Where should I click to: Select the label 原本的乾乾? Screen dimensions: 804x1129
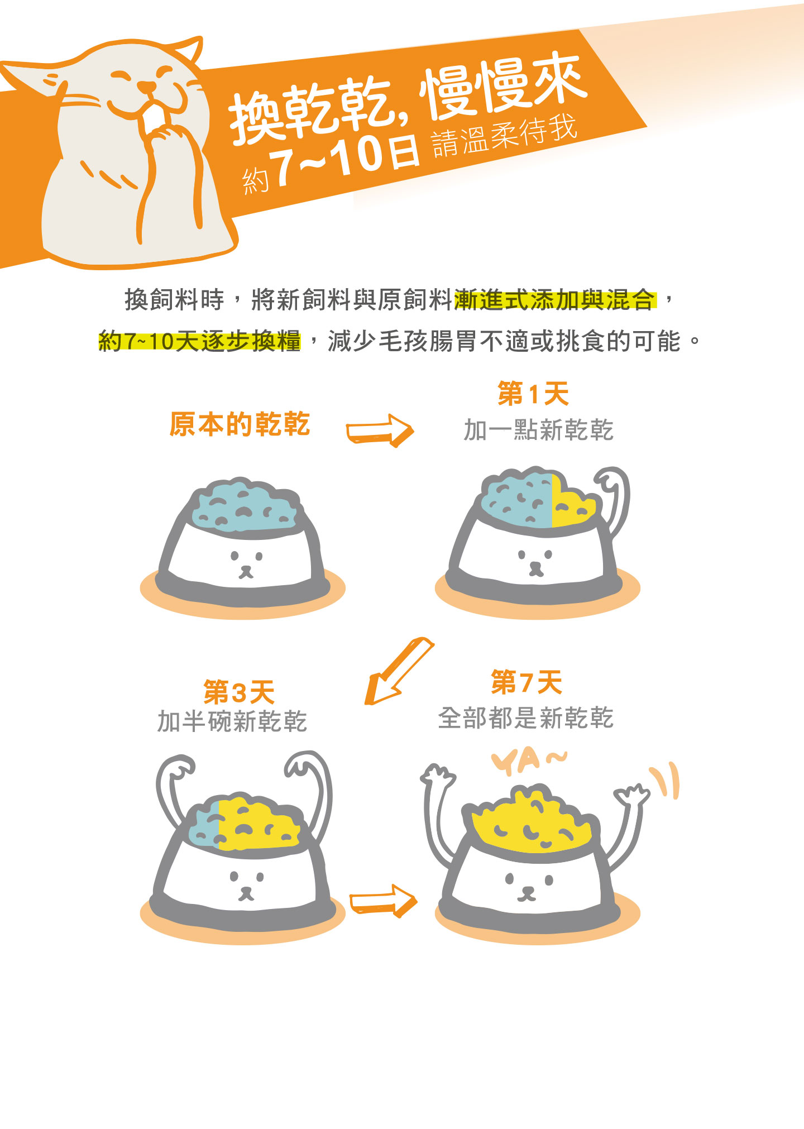coord(240,424)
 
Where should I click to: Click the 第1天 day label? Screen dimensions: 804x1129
coord(533,394)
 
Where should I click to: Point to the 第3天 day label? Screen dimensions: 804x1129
coord(239,692)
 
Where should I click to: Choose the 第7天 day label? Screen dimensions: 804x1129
coord(527,682)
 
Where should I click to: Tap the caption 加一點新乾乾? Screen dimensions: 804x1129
coord(539,430)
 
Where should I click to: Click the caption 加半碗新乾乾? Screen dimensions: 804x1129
coord(232,721)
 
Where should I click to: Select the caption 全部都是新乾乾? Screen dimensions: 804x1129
coord(526,717)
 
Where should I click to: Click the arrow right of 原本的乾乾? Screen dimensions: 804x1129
coord(380,430)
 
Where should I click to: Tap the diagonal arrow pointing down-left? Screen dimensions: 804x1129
coord(398,670)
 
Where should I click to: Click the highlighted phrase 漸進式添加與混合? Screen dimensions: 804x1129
coord(555,300)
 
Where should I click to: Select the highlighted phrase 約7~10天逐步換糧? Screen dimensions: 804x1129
coord(199,341)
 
